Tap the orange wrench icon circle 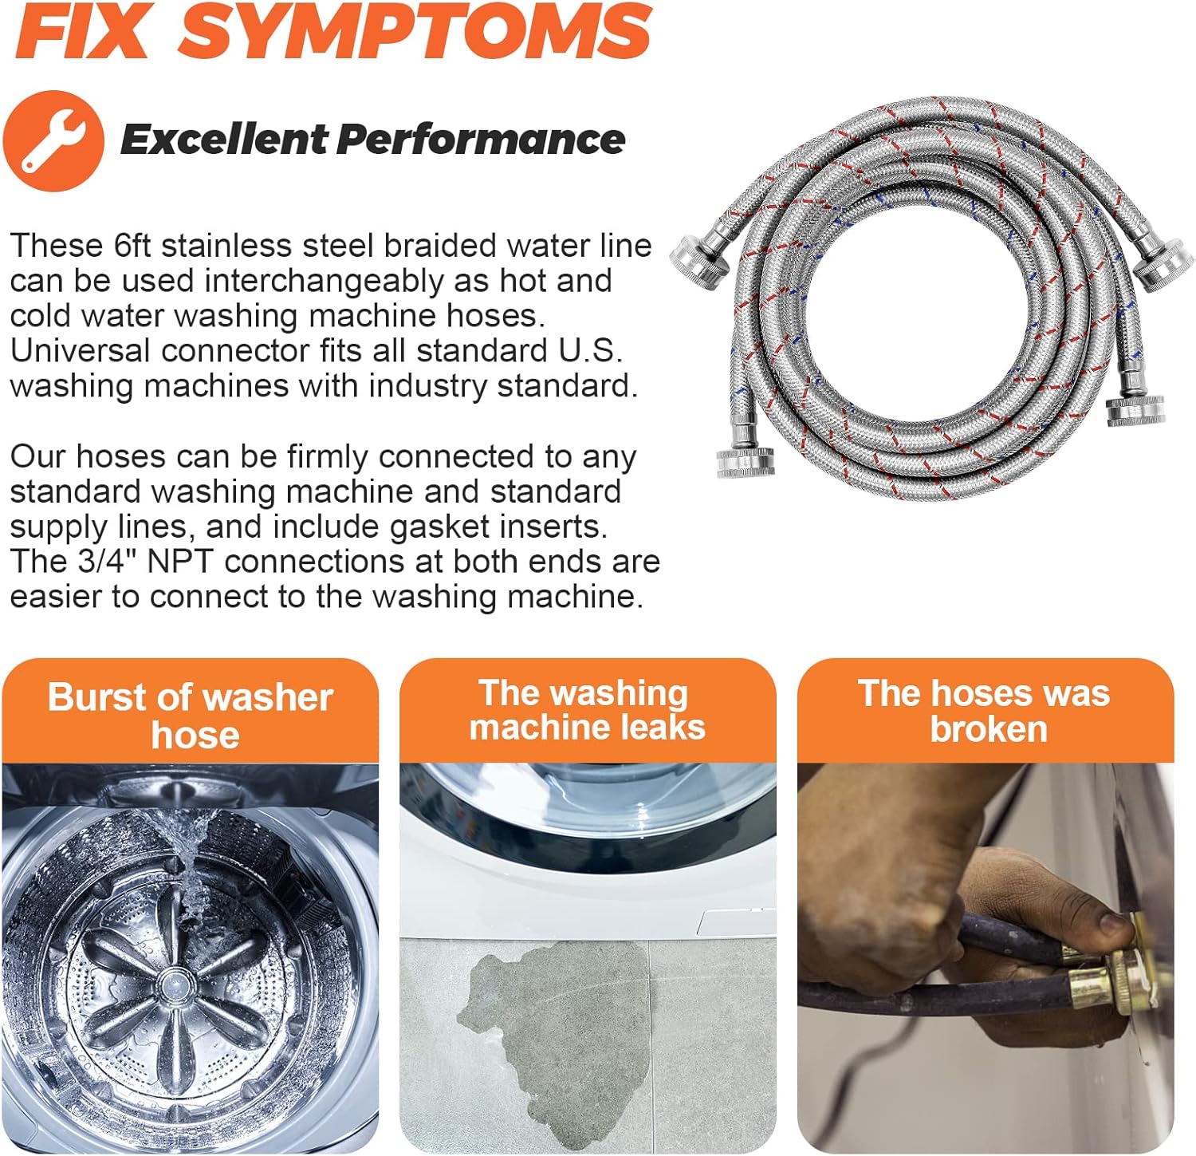click(53, 140)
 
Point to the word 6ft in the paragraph click(132, 246)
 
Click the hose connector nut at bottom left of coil click(746, 462)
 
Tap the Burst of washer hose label click(190, 715)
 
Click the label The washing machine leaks click(587, 711)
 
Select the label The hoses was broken click(985, 711)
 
